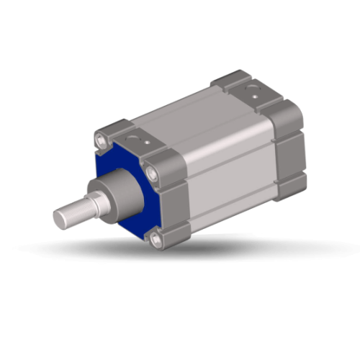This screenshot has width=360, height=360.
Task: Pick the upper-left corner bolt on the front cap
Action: point(101,138)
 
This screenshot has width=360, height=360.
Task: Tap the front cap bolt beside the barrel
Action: point(150,172)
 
